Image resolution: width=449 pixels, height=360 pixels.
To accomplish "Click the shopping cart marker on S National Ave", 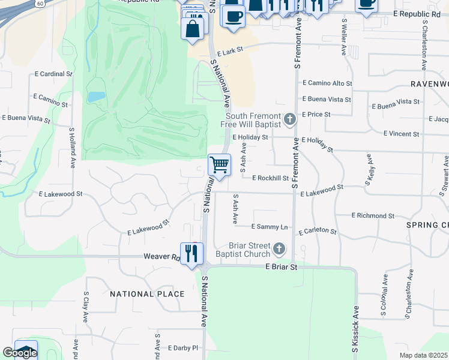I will pos(220,164).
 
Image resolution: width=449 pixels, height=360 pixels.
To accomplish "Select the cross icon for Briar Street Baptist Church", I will pos(279,248).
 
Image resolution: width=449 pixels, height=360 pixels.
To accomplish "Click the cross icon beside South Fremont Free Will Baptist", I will pos(290,119).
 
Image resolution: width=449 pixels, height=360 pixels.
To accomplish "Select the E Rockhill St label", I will pos(271,178).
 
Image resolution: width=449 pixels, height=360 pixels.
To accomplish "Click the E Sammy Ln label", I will pos(270,227).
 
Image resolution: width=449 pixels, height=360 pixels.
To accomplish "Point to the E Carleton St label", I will pos(318,230).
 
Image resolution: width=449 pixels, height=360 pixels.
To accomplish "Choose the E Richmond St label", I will pos(373,215).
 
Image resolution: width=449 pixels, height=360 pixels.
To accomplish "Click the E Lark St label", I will pos(231,53).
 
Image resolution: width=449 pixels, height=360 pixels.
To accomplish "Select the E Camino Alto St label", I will pos(327,83).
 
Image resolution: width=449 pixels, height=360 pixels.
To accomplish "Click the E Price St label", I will pos(316,114).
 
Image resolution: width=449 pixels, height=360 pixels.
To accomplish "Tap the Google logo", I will pos(20,352).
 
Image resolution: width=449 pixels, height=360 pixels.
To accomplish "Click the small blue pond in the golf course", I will pos(96,96).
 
